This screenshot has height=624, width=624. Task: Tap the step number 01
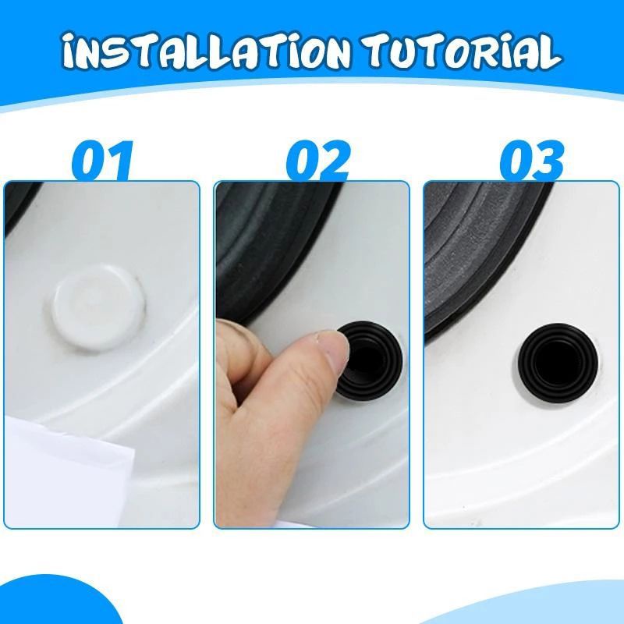pyautogui.click(x=102, y=162)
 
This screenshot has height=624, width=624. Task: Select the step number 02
pyautogui.click(x=317, y=162)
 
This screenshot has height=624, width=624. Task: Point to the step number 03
pyautogui.click(x=532, y=162)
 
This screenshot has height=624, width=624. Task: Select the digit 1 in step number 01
pyautogui.click(x=119, y=162)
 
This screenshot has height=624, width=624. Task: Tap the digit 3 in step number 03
pyautogui.click(x=549, y=162)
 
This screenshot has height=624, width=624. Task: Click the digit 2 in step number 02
pyautogui.click(x=335, y=162)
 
